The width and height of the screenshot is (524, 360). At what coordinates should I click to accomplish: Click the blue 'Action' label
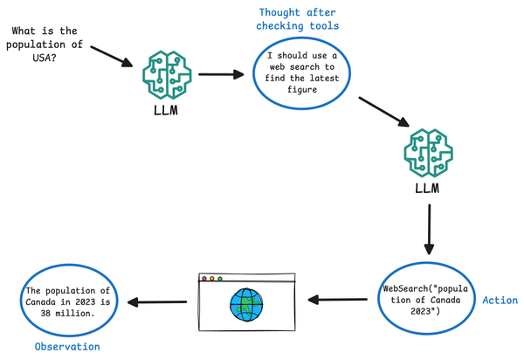pyautogui.click(x=500, y=300)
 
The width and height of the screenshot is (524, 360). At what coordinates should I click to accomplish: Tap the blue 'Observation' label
pyautogui.click(x=67, y=347)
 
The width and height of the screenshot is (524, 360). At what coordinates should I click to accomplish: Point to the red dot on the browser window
pyautogui.click(x=204, y=280)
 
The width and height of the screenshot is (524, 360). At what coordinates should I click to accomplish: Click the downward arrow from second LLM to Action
pyautogui.click(x=429, y=232)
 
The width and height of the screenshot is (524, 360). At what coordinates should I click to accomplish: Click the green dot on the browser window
pyautogui.click(x=220, y=280)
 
